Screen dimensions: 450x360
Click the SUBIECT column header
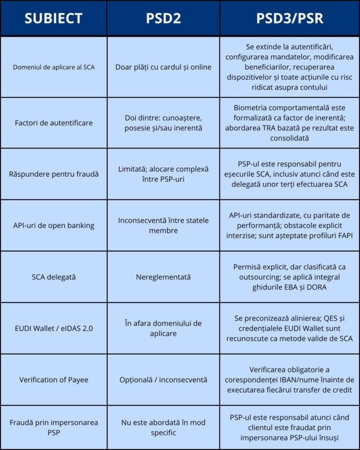(53, 18)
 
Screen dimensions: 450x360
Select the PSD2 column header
(163, 18)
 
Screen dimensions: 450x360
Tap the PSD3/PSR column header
(289, 18)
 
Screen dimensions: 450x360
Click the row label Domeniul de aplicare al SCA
(53, 67)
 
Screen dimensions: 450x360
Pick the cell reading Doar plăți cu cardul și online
(163, 67)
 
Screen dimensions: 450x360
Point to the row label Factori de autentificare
(53, 122)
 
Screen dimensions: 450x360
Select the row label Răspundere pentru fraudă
(53, 174)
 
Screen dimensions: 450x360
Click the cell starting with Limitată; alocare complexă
(163, 174)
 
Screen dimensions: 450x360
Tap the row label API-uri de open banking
(53, 225)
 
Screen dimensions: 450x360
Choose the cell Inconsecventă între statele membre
(163, 225)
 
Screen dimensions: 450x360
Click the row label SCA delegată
(53, 276)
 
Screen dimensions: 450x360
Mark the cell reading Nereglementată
(163, 276)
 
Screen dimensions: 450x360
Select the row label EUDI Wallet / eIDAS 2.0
(53, 328)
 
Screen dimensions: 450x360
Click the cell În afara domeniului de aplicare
(163, 328)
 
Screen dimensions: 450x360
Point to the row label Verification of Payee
(53, 379)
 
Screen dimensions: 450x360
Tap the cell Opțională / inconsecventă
(163, 379)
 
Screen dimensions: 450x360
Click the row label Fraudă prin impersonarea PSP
(53, 427)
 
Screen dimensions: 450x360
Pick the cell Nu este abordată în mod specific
(163, 427)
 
